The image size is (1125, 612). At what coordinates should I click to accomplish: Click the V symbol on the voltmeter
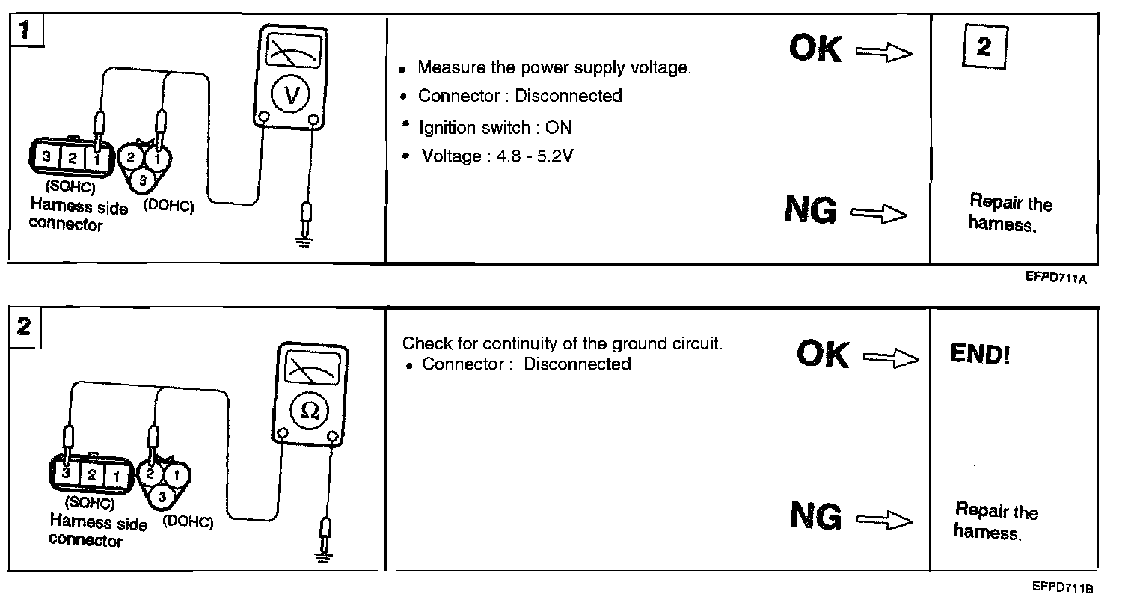tap(291, 94)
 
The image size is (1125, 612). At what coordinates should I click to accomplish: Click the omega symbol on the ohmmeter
tap(310, 411)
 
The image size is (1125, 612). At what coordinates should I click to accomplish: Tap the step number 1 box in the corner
tap(26, 31)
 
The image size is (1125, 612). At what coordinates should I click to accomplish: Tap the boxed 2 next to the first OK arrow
tap(985, 46)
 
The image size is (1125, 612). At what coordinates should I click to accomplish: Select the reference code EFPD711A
tap(1055, 278)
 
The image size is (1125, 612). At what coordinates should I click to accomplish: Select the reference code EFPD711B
tap(1062, 587)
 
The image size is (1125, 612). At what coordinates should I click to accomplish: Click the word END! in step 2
tap(980, 353)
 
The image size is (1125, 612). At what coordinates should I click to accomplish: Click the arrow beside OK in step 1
tap(884, 52)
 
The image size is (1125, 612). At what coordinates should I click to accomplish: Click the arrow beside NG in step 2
tap(884, 519)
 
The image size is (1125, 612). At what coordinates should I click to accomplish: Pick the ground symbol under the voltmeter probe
tap(304, 242)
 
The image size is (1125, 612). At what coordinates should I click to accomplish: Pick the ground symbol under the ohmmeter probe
tap(323, 557)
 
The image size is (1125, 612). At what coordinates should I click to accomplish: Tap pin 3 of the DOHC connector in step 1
tap(143, 180)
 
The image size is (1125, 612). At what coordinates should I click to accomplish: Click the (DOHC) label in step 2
tap(188, 522)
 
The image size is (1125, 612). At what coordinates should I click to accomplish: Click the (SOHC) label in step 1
tap(70, 186)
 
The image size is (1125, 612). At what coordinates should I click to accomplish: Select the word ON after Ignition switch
tap(559, 128)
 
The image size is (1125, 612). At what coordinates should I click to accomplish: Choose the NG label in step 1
tap(811, 209)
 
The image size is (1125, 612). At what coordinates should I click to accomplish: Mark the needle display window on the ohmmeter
tap(313, 368)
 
